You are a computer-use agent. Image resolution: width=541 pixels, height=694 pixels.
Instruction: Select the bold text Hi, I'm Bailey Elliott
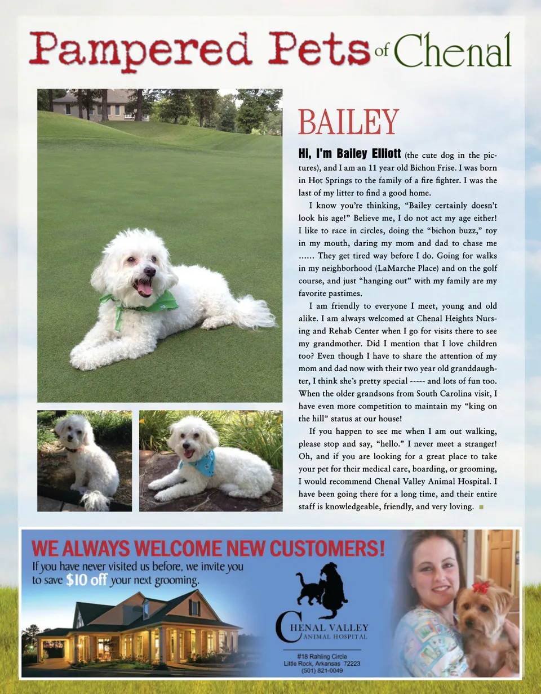349,154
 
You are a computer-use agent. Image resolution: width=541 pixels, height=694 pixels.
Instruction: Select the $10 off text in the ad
86,581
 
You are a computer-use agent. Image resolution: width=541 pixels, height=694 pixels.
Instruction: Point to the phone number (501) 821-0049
322,670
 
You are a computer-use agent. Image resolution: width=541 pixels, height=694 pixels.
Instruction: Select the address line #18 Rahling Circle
322,656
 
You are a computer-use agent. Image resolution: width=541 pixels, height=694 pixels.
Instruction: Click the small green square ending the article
481,507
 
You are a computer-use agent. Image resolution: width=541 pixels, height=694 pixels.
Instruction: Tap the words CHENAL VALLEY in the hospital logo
335,627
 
